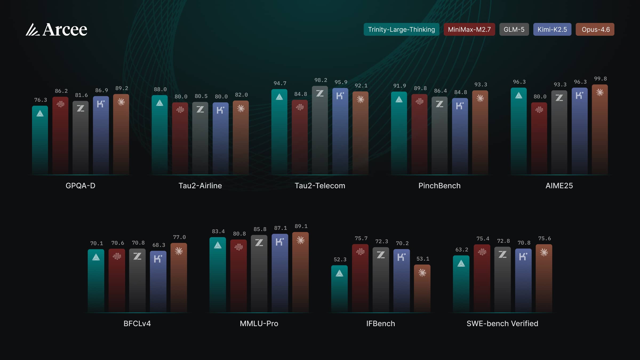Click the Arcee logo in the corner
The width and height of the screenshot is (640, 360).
coord(57,29)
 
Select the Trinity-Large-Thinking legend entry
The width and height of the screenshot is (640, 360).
coord(401,29)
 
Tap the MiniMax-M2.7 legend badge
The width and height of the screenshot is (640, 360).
coord(469,29)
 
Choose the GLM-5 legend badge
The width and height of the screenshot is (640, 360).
coord(514,29)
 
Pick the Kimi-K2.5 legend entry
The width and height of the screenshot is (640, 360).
coord(552,29)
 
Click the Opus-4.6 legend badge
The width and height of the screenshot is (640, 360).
coord(595,29)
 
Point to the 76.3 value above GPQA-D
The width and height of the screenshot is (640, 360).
coord(41,100)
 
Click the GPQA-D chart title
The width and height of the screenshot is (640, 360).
coord(80,186)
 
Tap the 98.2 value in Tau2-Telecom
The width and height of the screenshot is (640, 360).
coord(321,80)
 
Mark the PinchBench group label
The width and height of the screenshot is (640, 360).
coord(439,186)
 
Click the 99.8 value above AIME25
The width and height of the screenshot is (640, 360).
coord(600,79)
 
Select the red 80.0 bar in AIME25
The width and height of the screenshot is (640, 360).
coord(539,139)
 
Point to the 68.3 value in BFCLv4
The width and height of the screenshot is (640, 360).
coord(159,245)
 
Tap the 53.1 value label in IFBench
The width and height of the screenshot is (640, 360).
coord(423,259)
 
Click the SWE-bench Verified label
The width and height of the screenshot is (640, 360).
coord(502,323)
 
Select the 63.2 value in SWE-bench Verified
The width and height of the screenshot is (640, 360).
coord(462,250)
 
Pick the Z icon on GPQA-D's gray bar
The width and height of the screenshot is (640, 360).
coord(81,109)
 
